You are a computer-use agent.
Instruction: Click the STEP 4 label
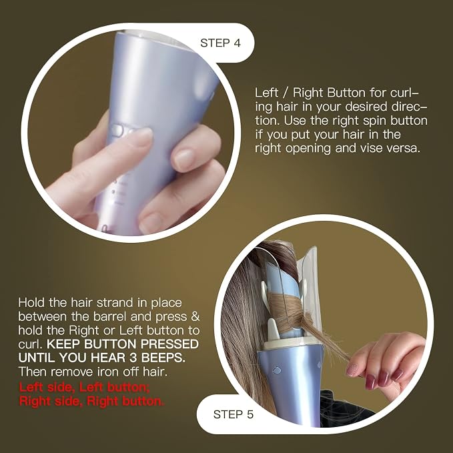point(220,43)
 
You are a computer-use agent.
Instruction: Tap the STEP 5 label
point(233,414)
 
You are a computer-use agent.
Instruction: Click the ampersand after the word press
point(195,316)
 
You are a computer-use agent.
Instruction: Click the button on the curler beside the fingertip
point(117,130)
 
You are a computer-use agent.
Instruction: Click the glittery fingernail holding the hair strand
point(352,370)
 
